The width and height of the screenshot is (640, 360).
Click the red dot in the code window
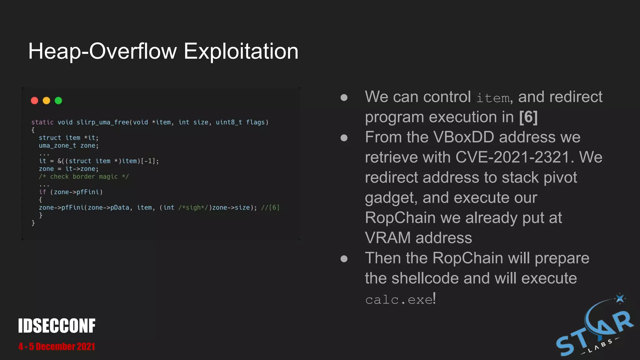tap(34, 101)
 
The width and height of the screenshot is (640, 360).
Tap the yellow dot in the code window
tap(46, 101)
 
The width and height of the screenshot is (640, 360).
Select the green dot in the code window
tap(58, 101)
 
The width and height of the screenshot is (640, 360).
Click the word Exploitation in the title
tap(241, 51)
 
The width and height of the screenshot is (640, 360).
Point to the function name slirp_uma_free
tap(103, 122)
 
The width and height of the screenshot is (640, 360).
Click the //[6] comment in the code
tap(270, 207)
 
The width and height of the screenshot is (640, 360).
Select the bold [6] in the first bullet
tap(528, 117)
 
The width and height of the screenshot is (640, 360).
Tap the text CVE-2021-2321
tap(512, 157)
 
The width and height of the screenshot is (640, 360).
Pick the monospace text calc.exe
tap(399, 300)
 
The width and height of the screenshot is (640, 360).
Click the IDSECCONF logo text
tap(57, 326)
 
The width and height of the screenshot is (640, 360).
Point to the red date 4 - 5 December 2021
tap(57, 347)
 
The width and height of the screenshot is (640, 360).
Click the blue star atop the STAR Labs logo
tap(620, 298)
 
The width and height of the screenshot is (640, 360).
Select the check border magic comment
tap(84, 177)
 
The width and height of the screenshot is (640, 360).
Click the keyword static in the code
tap(42, 122)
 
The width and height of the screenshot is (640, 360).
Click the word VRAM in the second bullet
tap(388, 238)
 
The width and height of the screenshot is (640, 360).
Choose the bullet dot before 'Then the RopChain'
tap(344, 259)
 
